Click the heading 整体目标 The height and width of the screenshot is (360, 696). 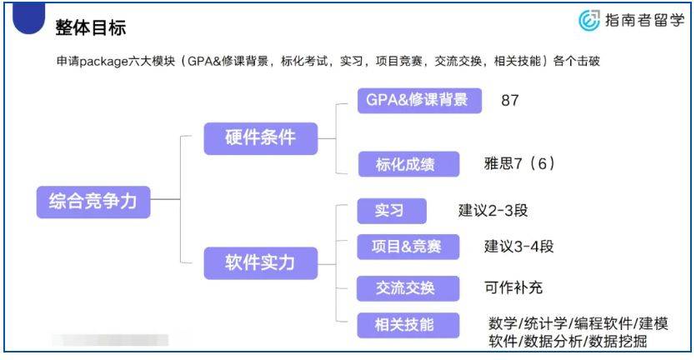[x=91, y=27]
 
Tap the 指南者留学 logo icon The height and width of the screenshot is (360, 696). [x=589, y=21]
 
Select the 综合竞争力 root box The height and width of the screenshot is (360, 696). [x=93, y=201]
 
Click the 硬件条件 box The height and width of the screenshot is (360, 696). [x=261, y=137]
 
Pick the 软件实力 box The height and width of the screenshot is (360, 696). [x=261, y=263]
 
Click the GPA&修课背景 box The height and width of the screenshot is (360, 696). [x=418, y=100]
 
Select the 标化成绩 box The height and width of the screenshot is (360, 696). [x=408, y=163]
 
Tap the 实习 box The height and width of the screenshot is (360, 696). [x=391, y=211]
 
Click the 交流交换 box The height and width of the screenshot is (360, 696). [x=408, y=288]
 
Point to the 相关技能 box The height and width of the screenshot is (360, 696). [x=408, y=324]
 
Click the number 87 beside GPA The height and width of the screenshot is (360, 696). [x=510, y=100]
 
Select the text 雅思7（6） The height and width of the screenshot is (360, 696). [x=519, y=163]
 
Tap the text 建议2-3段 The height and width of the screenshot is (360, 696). [x=493, y=211]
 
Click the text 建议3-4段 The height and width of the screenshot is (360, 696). [x=519, y=247]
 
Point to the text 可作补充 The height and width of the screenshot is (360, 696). [x=513, y=288]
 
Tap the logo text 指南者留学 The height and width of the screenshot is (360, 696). [x=644, y=22]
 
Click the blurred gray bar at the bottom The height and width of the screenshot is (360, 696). [x=108, y=340]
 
